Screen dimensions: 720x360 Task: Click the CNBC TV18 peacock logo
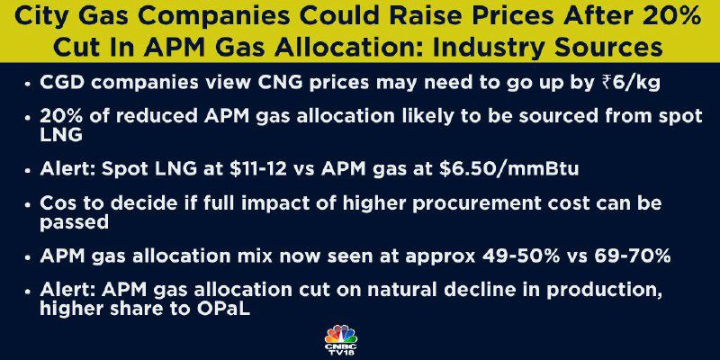tap(340, 341)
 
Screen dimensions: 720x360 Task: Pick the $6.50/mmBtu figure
tap(508, 169)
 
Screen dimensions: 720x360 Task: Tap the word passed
tap(74, 222)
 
